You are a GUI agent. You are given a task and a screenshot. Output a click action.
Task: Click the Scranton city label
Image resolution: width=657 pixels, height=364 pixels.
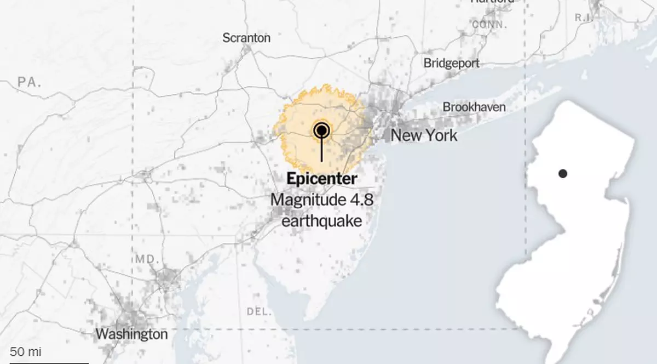click(246, 38)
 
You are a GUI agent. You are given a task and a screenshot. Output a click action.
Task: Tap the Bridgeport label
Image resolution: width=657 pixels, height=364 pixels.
click(451, 63)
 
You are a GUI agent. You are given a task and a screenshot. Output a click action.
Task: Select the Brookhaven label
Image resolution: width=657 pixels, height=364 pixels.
click(474, 107)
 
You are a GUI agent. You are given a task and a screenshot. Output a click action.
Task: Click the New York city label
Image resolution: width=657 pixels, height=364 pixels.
click(424, 135)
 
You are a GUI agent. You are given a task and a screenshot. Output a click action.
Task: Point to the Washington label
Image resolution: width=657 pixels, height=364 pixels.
click(131, 334)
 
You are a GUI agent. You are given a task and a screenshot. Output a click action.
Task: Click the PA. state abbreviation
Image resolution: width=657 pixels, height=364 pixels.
click(30, 82)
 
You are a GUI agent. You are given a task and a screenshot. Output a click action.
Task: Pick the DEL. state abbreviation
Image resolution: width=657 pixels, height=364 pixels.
click(259, 311)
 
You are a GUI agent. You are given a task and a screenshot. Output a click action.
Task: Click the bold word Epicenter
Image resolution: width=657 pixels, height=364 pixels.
click(321, 179)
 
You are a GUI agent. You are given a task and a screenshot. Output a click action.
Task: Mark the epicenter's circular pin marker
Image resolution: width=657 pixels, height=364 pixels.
click(321, 130)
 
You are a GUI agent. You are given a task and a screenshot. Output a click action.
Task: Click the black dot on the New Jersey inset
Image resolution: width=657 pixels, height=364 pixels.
click(562, 174)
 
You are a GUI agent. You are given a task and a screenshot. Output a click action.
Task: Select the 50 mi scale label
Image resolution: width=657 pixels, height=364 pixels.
click(25, 351)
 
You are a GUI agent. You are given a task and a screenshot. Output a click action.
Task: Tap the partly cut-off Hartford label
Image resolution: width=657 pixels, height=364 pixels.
click(492, 2)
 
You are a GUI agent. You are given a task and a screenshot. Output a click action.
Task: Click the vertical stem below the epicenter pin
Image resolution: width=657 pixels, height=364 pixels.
click(321, 151)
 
